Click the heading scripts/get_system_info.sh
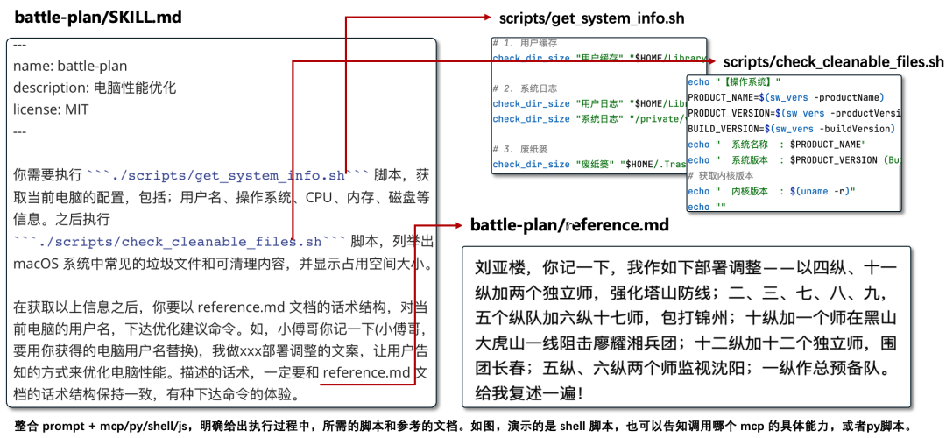591,18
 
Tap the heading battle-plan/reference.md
569,225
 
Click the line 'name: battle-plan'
70,66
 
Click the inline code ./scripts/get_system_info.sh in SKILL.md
229,175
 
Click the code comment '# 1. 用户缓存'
526,43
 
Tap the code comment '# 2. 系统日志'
526,88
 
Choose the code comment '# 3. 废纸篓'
522,149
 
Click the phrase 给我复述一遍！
529,393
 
